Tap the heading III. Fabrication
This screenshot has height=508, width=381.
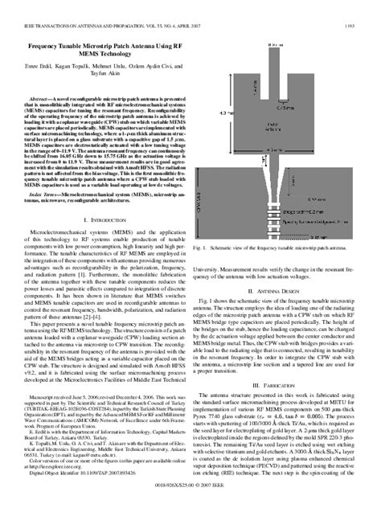click(x=284, y=375)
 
